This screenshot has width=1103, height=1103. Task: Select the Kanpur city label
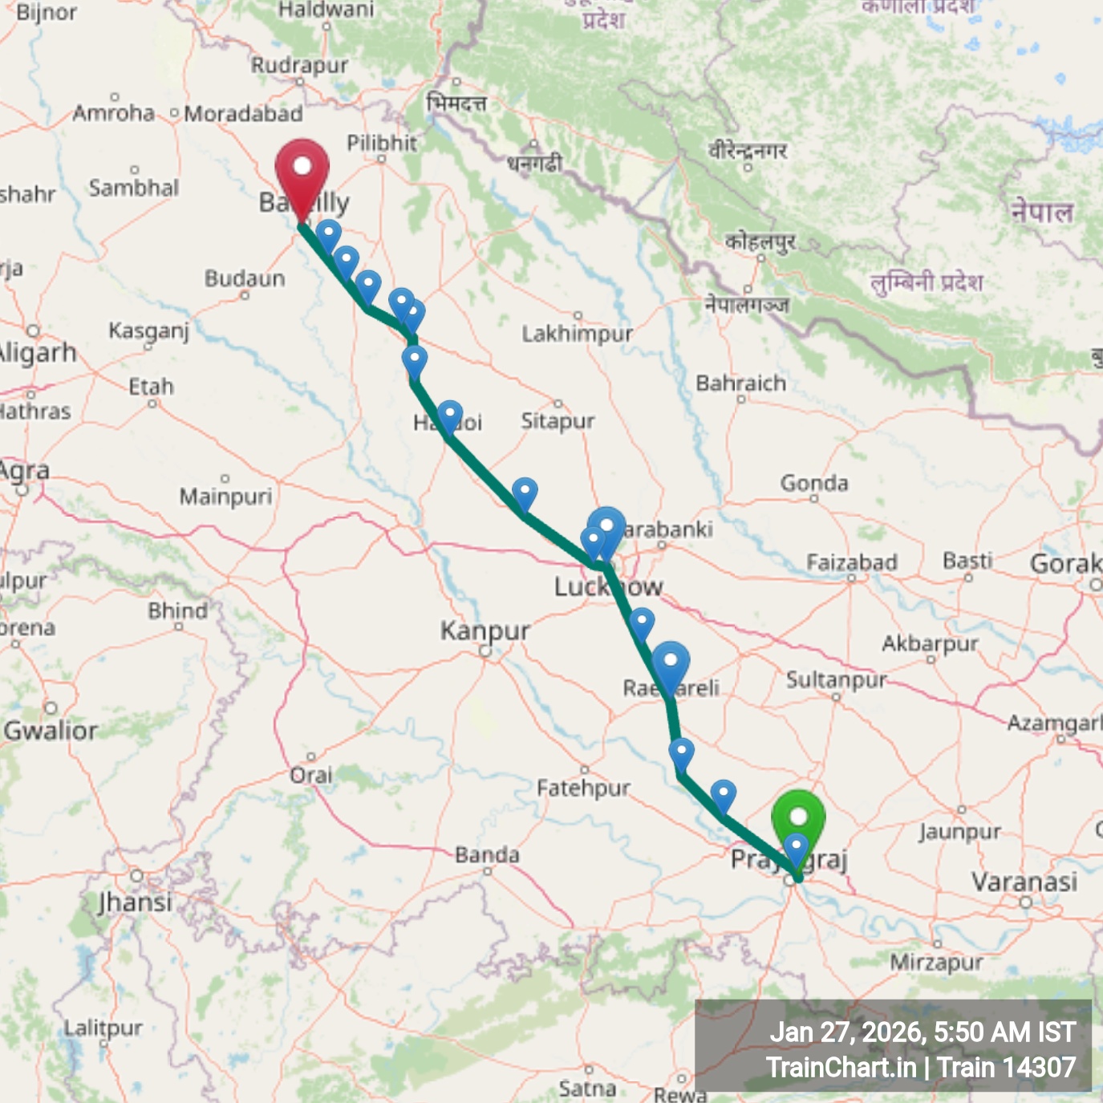pyautogui.click(x=485, y=631)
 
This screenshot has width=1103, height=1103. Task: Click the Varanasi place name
pyautogui.click(x=1024, y=882)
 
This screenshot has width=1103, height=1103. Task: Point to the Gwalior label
pyautogui.click(x=51, y=731)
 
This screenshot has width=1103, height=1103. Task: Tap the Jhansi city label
pyautogui.click(x=135, y=902)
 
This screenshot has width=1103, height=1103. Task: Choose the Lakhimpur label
pyautogui.click(x=577, y=334)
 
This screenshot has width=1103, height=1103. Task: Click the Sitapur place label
pyautogui.click(x=558, y=421)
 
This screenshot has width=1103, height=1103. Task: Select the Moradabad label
pyautogui.click(x=243, y=114)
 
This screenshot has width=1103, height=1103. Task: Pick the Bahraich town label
pyautogui.click(x=740, y=383)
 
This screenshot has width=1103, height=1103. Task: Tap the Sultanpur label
pyautogui.click(x=836, y=680)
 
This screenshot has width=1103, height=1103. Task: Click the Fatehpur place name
pyautogui.click(x=583, y=789)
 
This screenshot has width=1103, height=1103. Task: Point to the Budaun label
pyautogui.click(x=245, y=279)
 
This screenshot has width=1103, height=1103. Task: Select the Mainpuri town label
pyautogui.click(x=225, y=497)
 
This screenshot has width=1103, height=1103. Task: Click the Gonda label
pyautogui.click(x=814, y=483)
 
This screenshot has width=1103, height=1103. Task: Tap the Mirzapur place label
pyautogui.click(x=936, y=963)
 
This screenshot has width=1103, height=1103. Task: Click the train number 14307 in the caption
pyautogui.click(x=1040, y=1068)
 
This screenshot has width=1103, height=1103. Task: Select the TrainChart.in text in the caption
pyautogui.click(x=841, y=1068)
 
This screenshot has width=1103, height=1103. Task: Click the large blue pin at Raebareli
pyautogui.click(x=670, y=665)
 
